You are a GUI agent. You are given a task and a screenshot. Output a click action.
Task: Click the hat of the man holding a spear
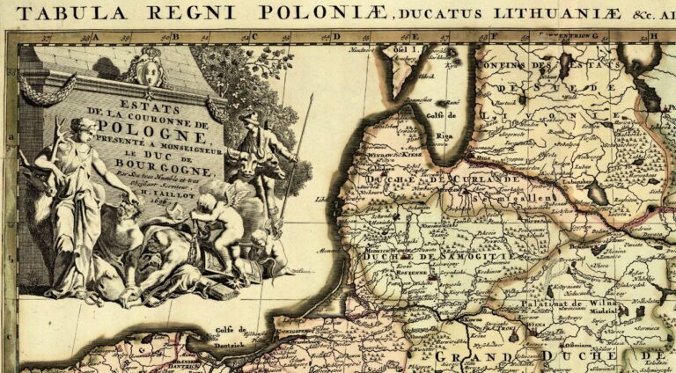(250, 117)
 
